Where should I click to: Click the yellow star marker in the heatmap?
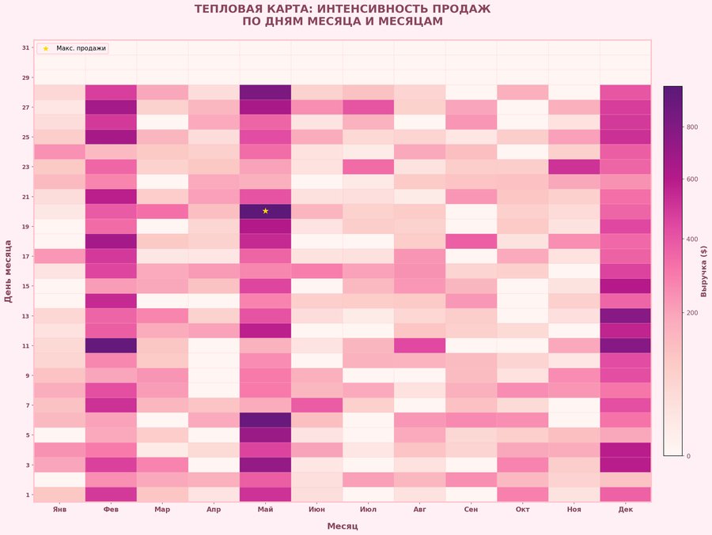(266, 211)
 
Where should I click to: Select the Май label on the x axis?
(266, 510)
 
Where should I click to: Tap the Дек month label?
(626, 510)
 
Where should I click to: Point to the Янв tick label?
(59, 510)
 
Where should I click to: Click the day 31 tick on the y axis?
(25, 48)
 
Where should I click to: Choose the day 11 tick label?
(25, 345)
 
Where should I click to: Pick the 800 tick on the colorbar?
(692, 126)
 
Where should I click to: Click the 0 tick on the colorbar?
(689, 456)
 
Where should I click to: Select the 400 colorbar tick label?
(692, 239)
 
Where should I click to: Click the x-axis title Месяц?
(343, 526)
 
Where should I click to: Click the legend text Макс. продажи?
(81, 48)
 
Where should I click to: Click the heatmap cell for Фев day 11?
(111, 345)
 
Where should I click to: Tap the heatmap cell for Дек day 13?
(626, 315)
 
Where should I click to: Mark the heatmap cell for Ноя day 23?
(574, 167)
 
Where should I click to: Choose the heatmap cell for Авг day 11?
(420, 345)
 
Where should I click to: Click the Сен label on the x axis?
(472, 510)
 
